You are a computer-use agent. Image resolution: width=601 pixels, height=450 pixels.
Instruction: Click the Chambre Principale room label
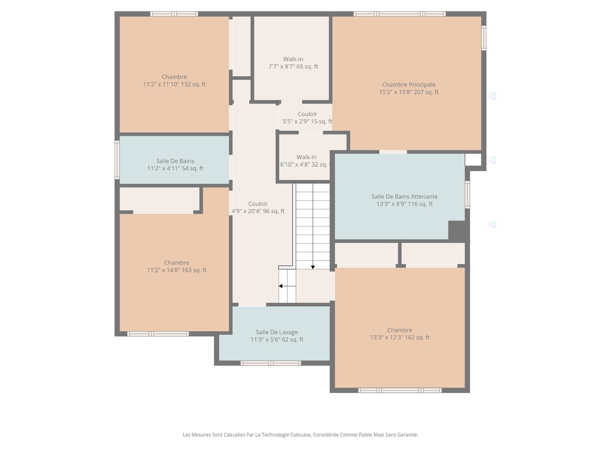click(408, 85)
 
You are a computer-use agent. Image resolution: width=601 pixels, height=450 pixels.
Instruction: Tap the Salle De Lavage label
click(277, 332)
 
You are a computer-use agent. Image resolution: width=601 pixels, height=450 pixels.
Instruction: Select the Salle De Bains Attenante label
click(404, 197)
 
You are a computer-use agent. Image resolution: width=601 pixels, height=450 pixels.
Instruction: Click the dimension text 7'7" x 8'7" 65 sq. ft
click(293, 67)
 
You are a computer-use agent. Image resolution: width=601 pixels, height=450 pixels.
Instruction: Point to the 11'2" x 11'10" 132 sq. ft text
click(174, 84)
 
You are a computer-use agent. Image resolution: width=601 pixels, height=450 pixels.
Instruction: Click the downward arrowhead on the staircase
click(313, 267)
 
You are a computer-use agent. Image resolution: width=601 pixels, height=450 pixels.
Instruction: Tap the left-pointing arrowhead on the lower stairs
click(281, 286)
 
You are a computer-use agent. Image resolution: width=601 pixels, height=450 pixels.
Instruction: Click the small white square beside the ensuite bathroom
click(473, 160)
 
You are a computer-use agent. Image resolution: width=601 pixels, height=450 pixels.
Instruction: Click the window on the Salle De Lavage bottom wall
click(271, 363)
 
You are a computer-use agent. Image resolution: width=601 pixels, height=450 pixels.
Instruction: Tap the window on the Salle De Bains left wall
click(117, 160)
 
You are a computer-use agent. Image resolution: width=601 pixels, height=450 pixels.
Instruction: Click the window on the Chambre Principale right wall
click(484, 38)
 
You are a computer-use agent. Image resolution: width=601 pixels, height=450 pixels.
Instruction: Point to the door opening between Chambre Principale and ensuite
click(393, 152)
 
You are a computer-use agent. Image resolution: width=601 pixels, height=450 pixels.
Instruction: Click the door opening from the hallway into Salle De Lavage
click(252, 305)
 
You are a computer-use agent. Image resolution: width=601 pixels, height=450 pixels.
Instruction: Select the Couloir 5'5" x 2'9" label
click(307, 114)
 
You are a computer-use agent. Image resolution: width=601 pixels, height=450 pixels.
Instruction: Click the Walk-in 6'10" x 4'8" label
click(306, 157)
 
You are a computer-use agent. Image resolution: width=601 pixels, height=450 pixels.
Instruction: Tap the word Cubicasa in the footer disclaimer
click(300, 435)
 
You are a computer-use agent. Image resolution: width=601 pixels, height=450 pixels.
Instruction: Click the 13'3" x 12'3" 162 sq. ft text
click(400, 337)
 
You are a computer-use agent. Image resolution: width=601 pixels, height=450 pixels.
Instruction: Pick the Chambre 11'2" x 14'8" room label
click(177, 263)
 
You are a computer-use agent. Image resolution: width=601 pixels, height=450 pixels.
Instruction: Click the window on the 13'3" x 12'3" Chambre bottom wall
click(400, 390)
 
